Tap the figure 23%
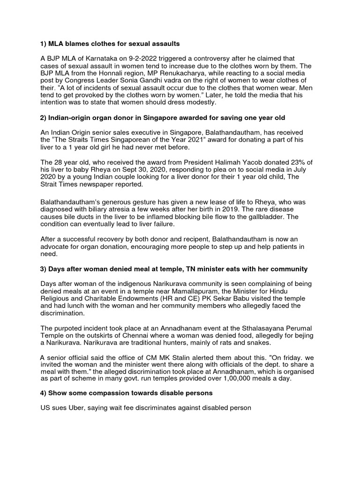click(275, 162)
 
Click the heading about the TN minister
click(174, 269)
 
